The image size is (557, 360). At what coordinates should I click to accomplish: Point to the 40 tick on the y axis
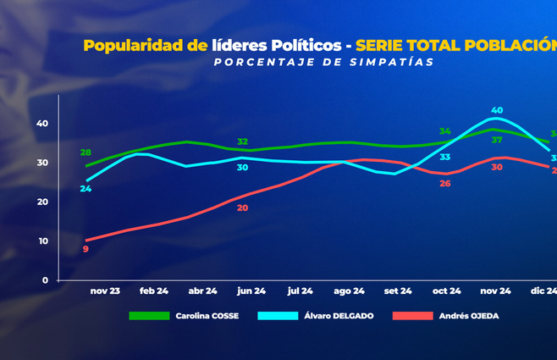41,124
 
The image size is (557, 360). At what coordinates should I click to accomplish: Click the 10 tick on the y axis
41,241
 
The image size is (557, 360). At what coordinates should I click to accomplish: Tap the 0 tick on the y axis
45,280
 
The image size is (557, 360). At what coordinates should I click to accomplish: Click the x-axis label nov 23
106,291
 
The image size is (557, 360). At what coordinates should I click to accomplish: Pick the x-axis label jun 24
251,291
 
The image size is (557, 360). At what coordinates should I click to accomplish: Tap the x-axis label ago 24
349,291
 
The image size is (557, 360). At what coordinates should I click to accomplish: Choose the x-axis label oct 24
446,291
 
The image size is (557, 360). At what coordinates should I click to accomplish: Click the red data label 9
85,249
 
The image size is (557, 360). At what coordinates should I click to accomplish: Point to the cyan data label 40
497,111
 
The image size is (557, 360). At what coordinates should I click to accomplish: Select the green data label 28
85,153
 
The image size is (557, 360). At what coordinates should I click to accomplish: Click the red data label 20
242,208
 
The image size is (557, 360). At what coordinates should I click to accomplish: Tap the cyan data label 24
85,189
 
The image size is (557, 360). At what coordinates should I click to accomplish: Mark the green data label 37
497,140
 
